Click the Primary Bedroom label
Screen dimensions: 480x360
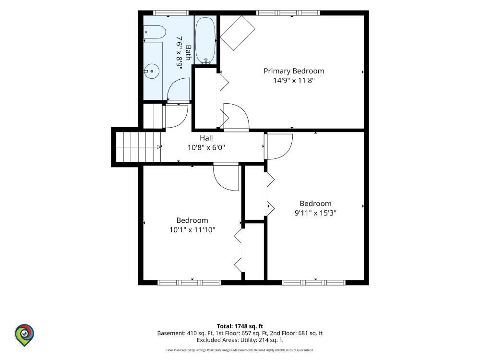pyautogui.click(x=294, y=71)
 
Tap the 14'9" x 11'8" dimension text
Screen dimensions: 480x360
pyautogui.click(x=294, y=81)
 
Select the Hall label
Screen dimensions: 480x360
pyautogui.click(x=206, y=138)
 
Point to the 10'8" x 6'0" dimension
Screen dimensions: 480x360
pyautogui.click(x=206, y=147)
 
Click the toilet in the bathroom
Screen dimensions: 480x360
pyautogui.click(x=155, y=32)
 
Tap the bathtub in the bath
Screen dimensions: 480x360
pyautogui.click(x=206, y=40)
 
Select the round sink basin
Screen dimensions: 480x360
pyautogui.click(x=152, y=72)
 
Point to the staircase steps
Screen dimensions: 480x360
pyautogui.click(x=138, y=147)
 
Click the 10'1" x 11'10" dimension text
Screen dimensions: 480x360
pyautogui.click(x=192, y=230)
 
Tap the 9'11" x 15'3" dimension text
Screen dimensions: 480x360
pyautogui.click(x=316, y=213)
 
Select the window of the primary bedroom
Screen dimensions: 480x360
pyautogui.click(x=288, y=13)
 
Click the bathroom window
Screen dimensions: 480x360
pyautogui.click(x=170, y=13)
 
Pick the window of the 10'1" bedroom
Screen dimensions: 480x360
pyautogui.click(x=190, y=283)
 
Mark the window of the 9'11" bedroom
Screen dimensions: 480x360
pyautogui.click(x=314, y=283)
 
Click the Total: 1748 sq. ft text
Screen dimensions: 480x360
pyautogui.click(x=240, y=326)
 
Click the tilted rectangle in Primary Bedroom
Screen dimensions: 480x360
pyautogui.click(x=238, y=33)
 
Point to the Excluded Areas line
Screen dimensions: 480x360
pyautogui.click(x=240, y=340)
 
